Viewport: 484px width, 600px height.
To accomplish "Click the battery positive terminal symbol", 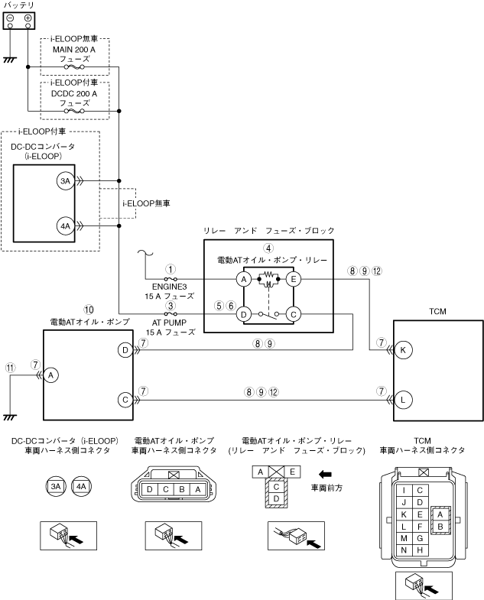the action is tap(28, 18).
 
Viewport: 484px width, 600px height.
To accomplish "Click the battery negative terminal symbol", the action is tap(11, 18).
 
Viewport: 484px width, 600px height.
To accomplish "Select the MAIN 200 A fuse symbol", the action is tap(74, 67).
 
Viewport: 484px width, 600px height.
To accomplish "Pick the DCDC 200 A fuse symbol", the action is tap(74, 111).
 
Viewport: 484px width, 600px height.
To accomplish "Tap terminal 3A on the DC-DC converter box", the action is tap(66, 181).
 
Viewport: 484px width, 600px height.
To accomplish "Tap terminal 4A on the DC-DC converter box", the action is tap(66, 226).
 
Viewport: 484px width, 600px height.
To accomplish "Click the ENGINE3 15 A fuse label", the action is tap(169, 291).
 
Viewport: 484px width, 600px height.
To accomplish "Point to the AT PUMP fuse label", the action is tap(171, 328).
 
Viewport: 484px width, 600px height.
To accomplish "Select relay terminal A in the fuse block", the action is tap(244, 279).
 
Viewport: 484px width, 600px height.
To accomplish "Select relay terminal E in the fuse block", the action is tap(294, 279).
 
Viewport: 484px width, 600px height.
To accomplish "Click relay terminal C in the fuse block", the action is tap(294, 315).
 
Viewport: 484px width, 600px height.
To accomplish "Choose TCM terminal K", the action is tap(403, 350).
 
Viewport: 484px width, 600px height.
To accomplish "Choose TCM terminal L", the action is tap(403, 400).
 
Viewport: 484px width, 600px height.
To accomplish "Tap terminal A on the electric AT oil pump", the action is tap(51, 375).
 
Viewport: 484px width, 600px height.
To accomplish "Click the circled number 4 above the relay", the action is tap(269, 248).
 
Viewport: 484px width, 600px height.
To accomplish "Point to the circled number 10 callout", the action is tap(89, 310).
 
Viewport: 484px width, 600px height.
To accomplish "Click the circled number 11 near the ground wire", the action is tap(11, 368).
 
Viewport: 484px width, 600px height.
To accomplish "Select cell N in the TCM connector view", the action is tap(404, 550).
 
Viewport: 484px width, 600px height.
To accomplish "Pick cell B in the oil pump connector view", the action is tap(182, 489).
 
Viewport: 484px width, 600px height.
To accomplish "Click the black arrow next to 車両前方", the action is tap(325, 475).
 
